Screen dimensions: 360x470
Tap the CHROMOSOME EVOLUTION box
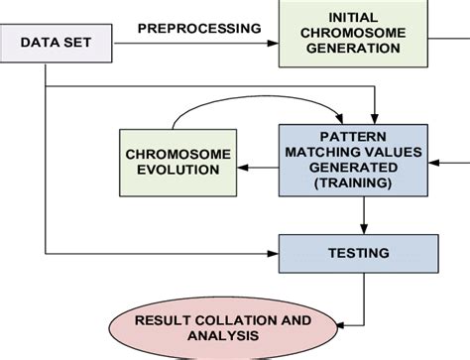click(x=176, y=161)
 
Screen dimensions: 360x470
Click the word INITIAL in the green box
click(x=352, y=17)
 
